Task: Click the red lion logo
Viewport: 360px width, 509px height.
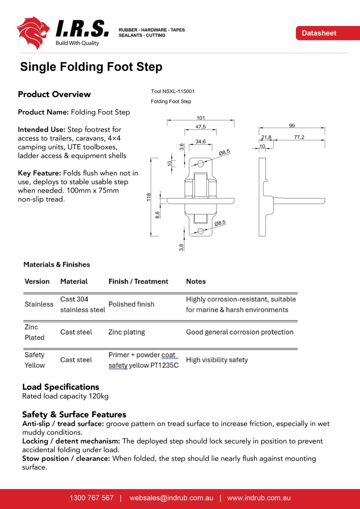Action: point(33,32)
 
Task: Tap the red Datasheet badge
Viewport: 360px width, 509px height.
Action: point(319,33)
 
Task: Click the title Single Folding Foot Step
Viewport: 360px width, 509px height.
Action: point(91,67)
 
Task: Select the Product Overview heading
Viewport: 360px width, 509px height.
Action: point(54,94)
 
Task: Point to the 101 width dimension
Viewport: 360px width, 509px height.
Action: point(201,118)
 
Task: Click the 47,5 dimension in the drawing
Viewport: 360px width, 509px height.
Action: point(201,127)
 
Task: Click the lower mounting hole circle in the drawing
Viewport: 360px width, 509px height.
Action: point(200,231)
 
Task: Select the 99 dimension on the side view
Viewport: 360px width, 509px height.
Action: point(292,126)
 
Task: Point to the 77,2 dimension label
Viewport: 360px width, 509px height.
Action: point(299,137)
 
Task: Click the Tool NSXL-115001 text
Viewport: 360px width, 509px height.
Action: point(173,91)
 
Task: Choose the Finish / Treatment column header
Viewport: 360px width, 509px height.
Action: point(138,282)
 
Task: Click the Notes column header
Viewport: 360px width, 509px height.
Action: point(196,282)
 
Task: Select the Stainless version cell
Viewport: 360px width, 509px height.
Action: point(39,305)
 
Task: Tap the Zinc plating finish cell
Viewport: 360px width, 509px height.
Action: point(127,332)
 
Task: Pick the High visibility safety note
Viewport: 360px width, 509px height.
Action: point(217,360)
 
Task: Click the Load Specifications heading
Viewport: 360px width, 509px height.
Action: point(61,387)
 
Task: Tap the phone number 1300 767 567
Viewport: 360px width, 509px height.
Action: point(92,498)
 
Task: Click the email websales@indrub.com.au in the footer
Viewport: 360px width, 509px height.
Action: point(172,498)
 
